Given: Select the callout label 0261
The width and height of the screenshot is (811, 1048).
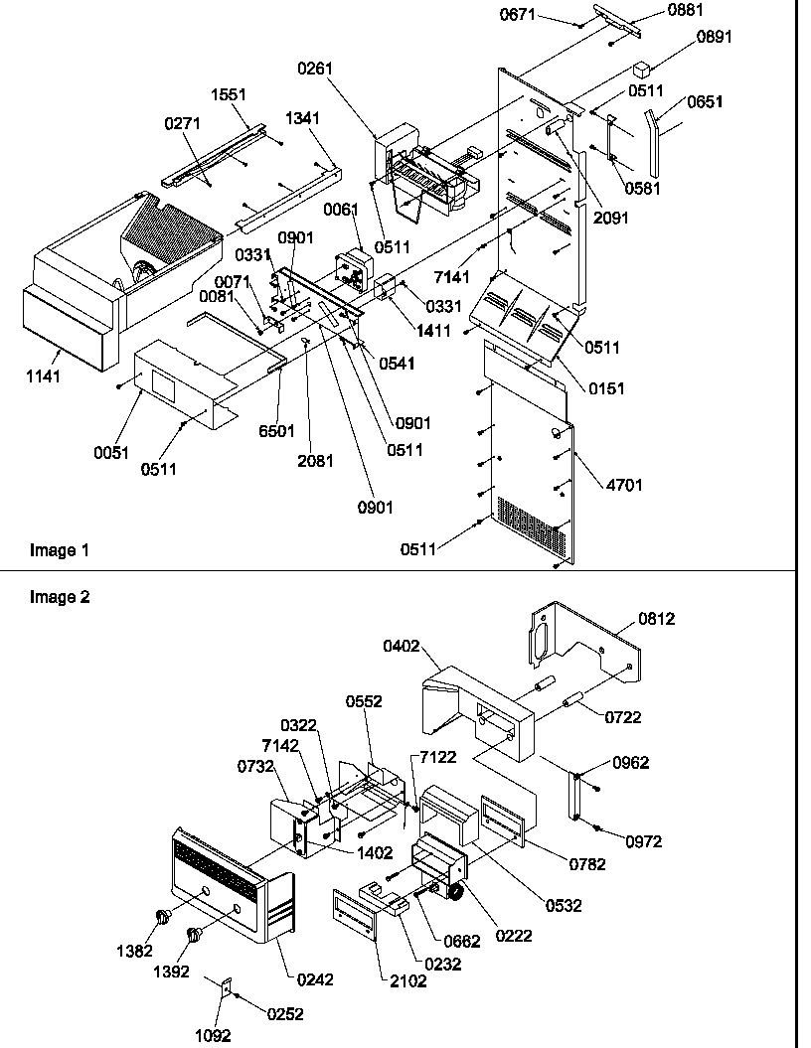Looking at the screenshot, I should pos(314,69).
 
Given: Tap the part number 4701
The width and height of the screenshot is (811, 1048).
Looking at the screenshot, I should pos(625,485).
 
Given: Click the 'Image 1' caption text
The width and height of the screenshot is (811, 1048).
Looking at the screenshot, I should pos(53,550).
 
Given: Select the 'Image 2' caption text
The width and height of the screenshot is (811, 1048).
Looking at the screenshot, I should pos(53,597).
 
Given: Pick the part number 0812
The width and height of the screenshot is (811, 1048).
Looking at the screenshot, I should pos(657,619).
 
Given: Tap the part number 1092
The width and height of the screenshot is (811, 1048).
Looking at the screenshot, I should pos(213,1035).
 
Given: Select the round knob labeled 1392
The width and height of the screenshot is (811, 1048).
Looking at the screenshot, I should pos(193,934).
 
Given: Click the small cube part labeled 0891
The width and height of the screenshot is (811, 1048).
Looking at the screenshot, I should pos(641,70).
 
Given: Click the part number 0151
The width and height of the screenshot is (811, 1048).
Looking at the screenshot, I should pos(606,388).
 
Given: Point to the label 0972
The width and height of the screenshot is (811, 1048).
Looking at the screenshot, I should pos(643,841).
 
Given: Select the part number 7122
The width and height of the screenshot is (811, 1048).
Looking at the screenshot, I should pos(438,757).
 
